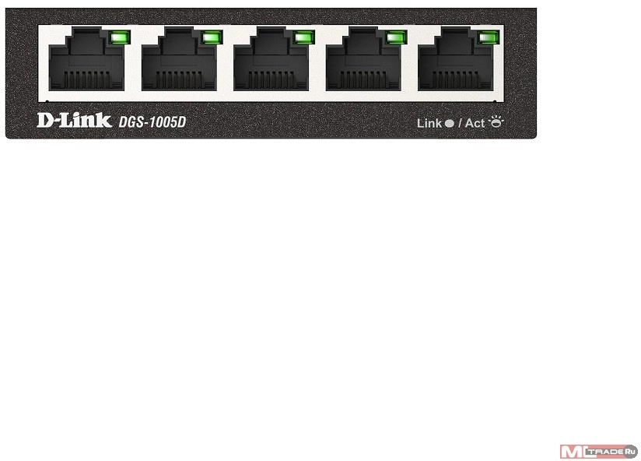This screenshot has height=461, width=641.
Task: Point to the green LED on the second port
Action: (212, 37)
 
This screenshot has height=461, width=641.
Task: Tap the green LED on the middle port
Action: (304, 37)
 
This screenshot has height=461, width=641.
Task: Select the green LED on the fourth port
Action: (396, 37)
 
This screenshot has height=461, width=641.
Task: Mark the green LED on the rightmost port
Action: (489, 37)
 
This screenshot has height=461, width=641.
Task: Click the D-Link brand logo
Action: (74, 121)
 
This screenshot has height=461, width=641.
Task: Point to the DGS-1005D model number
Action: (153, 121)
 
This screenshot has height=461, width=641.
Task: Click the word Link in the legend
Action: (429, 123)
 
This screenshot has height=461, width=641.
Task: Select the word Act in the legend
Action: (475, 123)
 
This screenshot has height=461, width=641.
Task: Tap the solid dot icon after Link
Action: (449, 123)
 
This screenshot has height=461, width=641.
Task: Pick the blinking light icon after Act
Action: (496, 121)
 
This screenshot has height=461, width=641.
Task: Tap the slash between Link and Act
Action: (460, 123)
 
